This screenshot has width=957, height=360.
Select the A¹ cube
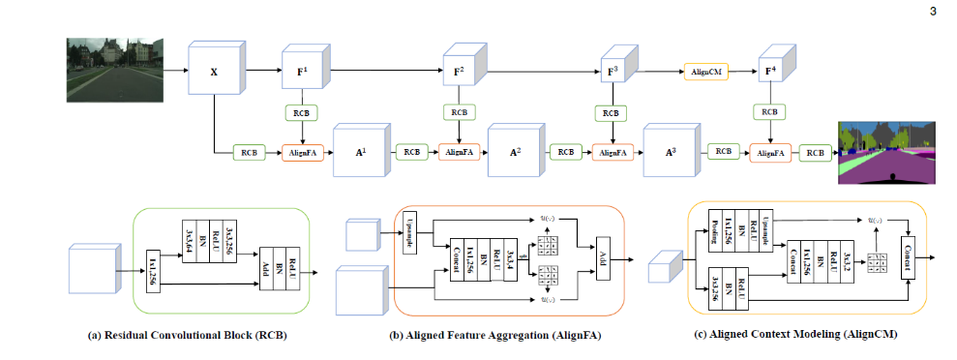click(x=355, y=153)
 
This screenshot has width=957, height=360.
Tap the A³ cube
click(x=668, y=153)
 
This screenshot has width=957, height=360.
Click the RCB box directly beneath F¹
click(x=300, y=112)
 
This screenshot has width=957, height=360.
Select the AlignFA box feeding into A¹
click(x=299, y=153)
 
